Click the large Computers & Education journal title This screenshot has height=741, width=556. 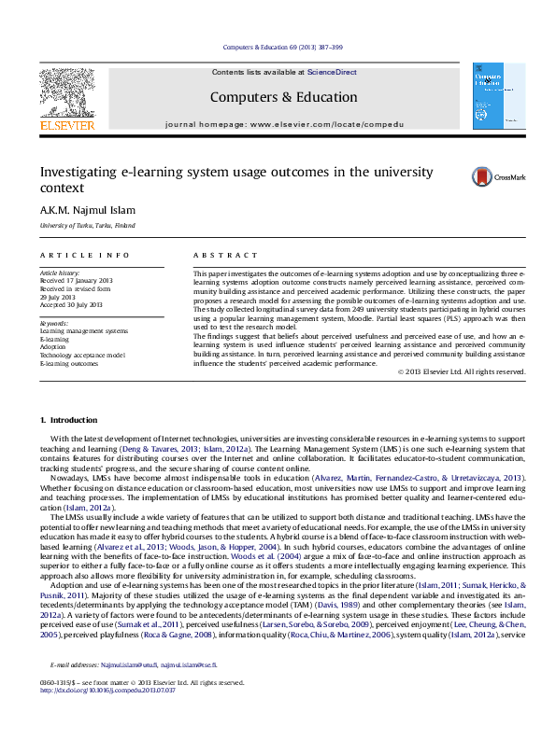[284, 97]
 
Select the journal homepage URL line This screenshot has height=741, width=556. [284, 123]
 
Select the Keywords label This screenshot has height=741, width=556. [53, 322]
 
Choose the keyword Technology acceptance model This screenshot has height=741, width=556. [82, 356]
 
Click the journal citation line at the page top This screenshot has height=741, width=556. [278, 46]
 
